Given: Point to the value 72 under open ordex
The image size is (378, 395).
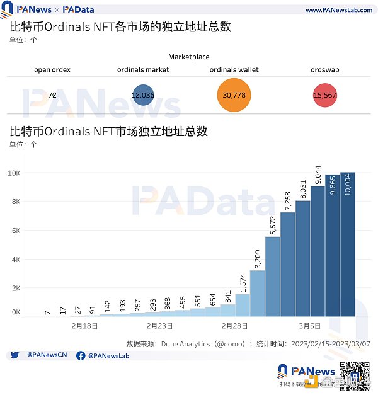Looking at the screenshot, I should click(x=52, y=94).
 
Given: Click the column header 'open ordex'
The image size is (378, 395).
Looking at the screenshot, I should click(x=52, y=69).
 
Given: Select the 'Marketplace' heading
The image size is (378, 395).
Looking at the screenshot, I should click(x=188, y=57).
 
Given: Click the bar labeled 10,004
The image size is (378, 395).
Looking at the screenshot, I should click(x=348, y=243).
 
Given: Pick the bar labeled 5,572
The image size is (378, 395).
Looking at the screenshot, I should click(x=272, y=277).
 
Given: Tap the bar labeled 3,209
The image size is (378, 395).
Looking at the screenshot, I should click(x=257, y=293).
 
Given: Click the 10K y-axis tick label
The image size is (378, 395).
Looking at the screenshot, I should click(x=14, y=173).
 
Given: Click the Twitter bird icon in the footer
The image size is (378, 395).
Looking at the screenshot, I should click(x=14, y=356).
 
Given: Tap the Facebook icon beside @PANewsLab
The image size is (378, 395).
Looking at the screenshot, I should click(x=81, y=356).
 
